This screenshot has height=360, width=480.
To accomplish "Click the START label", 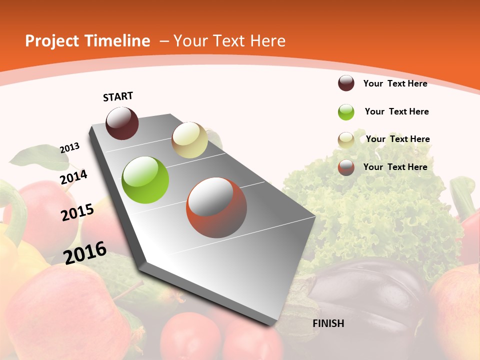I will (x=118, y=96).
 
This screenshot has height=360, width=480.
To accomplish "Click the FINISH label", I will (x=328, y=323).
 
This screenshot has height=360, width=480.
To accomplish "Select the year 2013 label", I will (x=70, y=148).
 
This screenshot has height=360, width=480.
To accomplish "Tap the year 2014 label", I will (x=73, y=177).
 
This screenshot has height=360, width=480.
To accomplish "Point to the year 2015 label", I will (x=77, y=212).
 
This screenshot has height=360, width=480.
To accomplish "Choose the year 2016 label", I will (x=85, y=252).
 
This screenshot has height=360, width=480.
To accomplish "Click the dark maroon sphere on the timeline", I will (x=122, y=123).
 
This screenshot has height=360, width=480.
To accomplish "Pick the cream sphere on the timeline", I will (x=189, y=140).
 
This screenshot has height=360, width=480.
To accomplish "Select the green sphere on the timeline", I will (x=145, y=180).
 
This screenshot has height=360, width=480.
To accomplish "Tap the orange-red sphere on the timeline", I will (x=216, y=207).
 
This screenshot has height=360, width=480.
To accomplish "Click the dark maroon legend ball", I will (x=346, y=83).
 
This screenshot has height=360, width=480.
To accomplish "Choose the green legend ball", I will (x=346, y=112).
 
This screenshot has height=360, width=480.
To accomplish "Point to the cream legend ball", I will (x=346, y=140).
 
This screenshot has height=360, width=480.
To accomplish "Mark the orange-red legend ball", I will (x=346, y=167).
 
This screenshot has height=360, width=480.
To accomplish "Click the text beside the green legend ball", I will (x=396, y=111).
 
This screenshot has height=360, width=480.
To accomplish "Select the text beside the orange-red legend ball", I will (x=395, y=167).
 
